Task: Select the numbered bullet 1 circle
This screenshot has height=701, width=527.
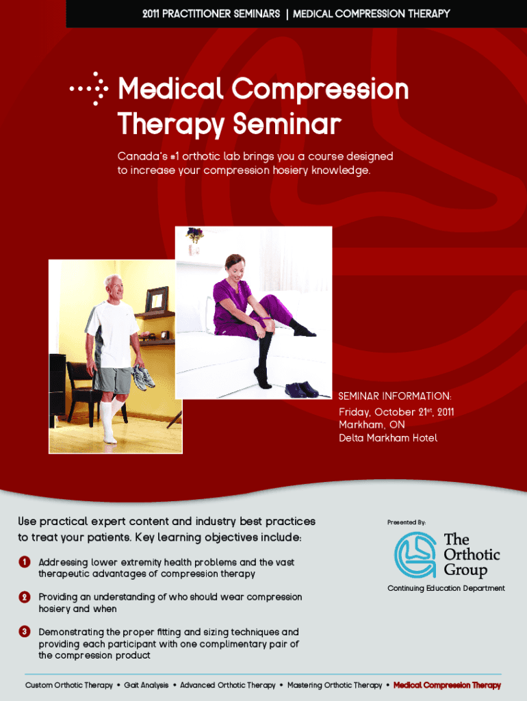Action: click(x=24, y=562)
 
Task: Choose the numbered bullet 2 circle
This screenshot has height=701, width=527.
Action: click(x=24, y=597)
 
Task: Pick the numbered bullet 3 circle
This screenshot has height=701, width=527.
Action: click(x=24, y=632)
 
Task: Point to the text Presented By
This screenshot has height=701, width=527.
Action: click(x=407, y=522)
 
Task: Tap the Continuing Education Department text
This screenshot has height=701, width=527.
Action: click(x=446, y=588)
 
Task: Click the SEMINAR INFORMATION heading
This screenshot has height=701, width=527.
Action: click(x=395, y=396)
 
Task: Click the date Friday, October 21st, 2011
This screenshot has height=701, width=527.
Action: click(x=396, y=411)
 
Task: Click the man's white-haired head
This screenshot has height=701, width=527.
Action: click(x=114, y=287)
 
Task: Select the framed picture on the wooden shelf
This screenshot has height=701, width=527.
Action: click(x=157, y=298)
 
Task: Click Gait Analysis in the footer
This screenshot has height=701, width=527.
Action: click(x=147, y=685)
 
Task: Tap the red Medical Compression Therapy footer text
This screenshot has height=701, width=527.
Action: click(x=447, y=685)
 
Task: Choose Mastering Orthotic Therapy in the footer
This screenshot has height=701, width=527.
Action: click(x=335, y=685)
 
